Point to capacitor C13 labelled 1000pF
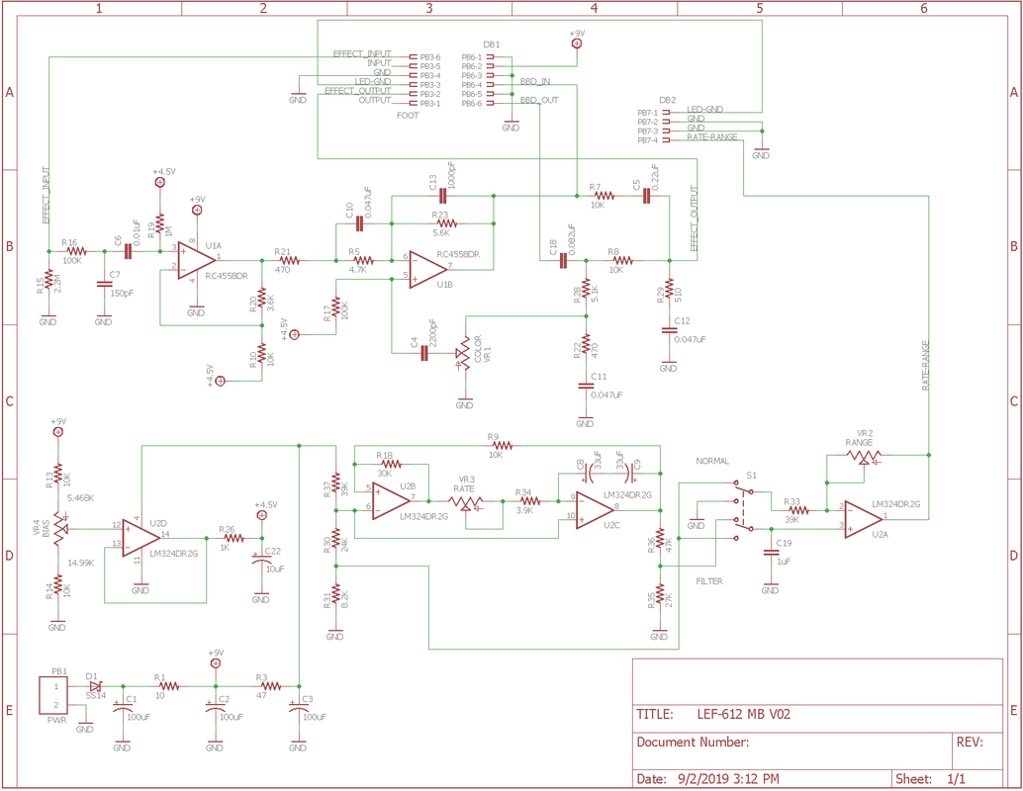443,196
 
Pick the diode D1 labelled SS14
96,685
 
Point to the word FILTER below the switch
709,581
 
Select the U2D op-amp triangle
140,539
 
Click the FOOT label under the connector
408,116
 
